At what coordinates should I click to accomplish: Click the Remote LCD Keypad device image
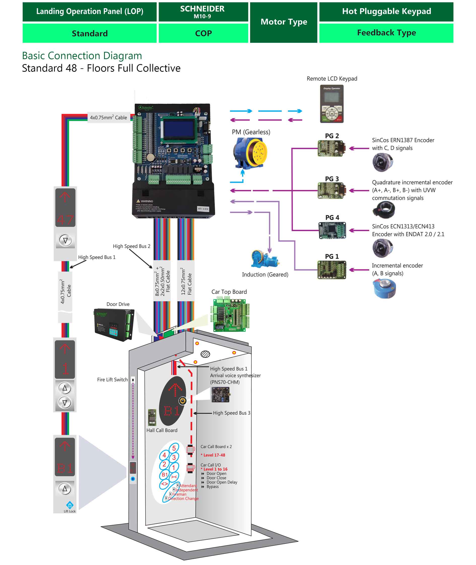(332, 104)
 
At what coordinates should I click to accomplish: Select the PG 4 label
(332, 218)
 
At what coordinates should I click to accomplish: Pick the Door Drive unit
(114, 324)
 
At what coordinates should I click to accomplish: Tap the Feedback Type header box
(386, 33)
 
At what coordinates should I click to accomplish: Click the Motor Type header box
(284, 22)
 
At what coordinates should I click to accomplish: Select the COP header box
(203, 33)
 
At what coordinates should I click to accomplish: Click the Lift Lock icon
(70, 505)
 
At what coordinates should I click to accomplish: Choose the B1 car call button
(165, 475)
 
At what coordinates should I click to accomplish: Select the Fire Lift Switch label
(112, 380)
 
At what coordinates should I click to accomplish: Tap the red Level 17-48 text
(214, 455)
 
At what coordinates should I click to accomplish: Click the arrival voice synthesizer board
(220, 395)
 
